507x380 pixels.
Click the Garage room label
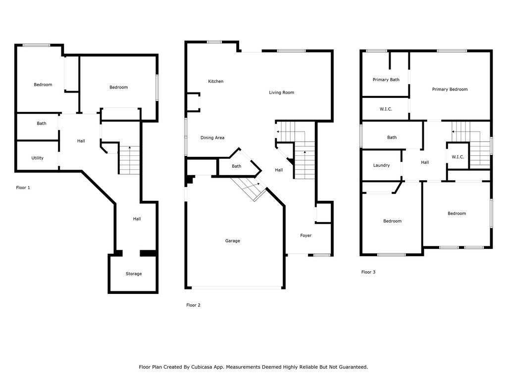pyautogui.click(x=232, y=241)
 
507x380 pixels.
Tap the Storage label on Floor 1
pyautogui.click(x=133, y=274)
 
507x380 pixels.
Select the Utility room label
pyautogui.click(x=37, y=158)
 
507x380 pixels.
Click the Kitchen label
pyautogui.click(x=215, y=81)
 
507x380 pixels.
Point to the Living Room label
pyautogui.click(x=281, y=93)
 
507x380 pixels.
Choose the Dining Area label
pyautogui.click(x=212, y=138)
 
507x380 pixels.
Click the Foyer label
pyautogui.click(x=305, y=236)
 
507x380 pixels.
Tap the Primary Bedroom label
pyautogui.click(x=450, y=90)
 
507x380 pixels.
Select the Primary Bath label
pyautogui.click(x=386, y=80)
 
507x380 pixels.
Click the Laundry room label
pyautogui.click(x=381, y=165)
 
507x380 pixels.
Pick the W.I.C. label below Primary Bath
pyautogui.click(x=386, y=109)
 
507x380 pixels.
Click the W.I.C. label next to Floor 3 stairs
pyautogui.click(x=457, y=157)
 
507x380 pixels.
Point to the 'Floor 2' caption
pyautogui.click(x=193, y=305)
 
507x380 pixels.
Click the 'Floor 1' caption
pyautogui.click(x=23, y=188)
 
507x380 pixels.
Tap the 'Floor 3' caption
pyautogui.click(x=368, y=272)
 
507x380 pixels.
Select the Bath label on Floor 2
pyautogui.click(x=237, y=166)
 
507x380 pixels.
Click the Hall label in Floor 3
pyautogui.click(x=425, y=162)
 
